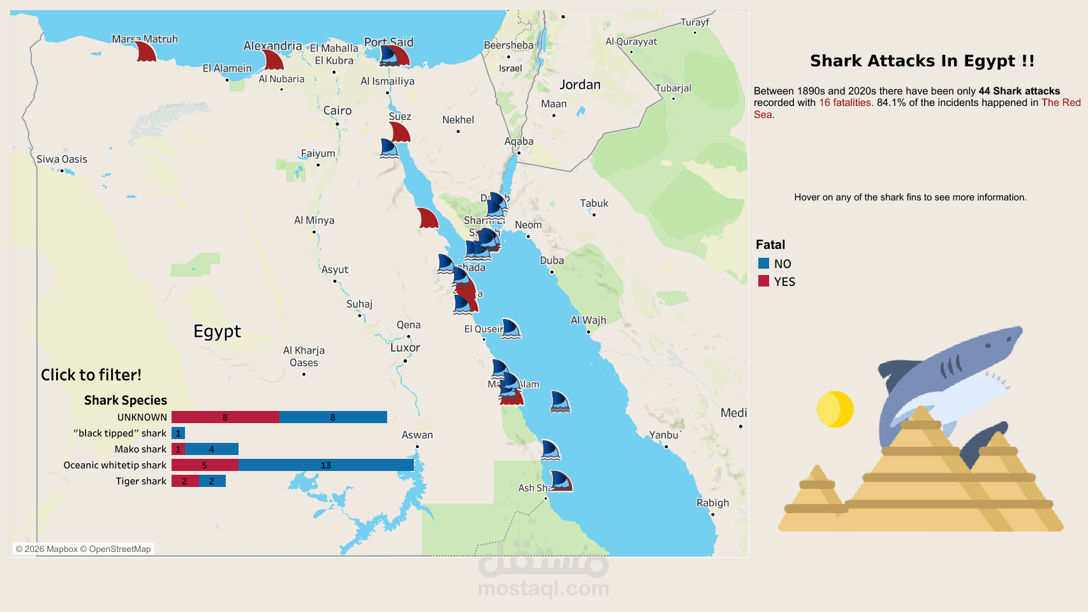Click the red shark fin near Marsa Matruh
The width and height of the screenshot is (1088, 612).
click(x=146, y=52)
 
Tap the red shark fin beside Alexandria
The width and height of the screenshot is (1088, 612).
click(x=274, y=61)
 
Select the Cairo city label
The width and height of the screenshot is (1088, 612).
click(x=337, y=110)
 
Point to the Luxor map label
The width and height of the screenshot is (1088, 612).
click(x=405, y=348)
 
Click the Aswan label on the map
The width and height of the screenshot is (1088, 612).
click(x=417, y=435)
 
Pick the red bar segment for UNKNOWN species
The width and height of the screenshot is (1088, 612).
click(x=224, y=417)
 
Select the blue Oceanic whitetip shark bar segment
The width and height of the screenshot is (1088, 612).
click(x=325, y=465)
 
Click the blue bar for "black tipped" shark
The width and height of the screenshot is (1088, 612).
click(x=178, y=433)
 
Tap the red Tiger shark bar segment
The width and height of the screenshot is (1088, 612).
click(x=184, y=481)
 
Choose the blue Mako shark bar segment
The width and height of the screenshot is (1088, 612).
click(x=211, y=449)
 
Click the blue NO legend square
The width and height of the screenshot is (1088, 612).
click(x=763, y=264)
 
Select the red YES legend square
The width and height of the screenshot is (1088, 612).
click(x=763, y=281)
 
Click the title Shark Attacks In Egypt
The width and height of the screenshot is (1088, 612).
click(x=922, y=61)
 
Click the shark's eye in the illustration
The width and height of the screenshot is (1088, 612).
click(x=987, y=345)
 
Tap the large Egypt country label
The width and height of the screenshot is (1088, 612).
click(x=217, y=331)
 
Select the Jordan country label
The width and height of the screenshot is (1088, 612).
click(x=580, y=85)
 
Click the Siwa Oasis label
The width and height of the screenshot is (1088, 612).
click(x=62, y=160)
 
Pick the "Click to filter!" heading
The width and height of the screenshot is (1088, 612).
click(x=91, y=375)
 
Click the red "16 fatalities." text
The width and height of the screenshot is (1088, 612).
click(x=846, y=103)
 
